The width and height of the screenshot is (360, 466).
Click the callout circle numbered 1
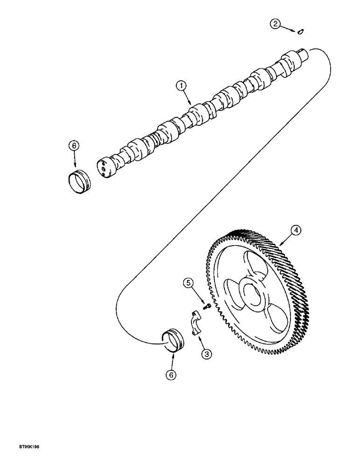[180, 86]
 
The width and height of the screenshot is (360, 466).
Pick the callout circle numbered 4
[295, 230]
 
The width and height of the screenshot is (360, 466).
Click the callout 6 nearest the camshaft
[74, 145]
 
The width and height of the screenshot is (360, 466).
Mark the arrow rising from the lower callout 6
[173, 358]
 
